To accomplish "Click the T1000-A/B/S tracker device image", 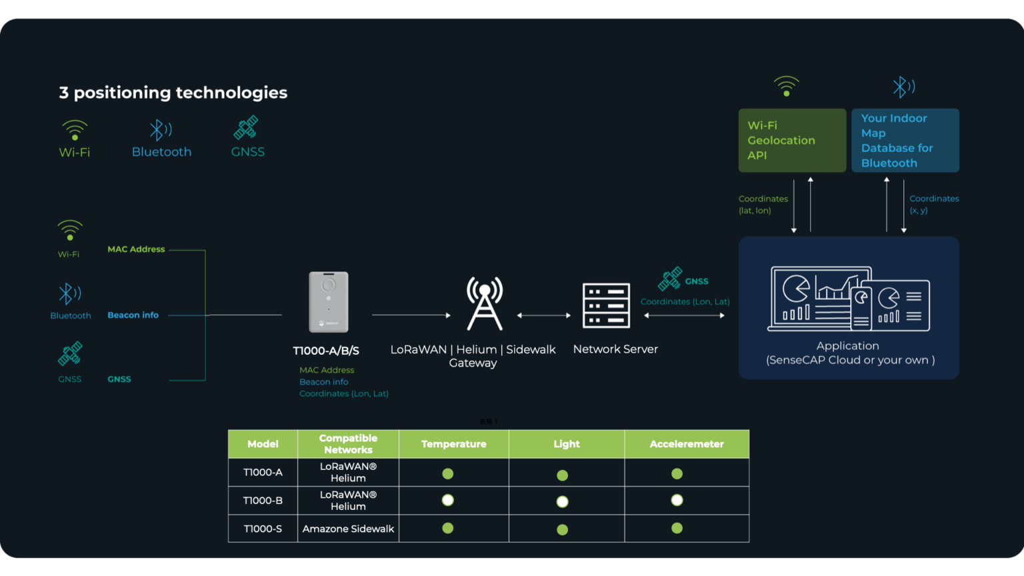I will click(329, 301).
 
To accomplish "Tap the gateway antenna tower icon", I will click(485, 304).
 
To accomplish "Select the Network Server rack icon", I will click(606, 305).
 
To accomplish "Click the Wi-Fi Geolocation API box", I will click(792, 140).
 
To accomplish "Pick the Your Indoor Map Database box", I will click(905, 140).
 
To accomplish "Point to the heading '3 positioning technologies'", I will click(173, 93).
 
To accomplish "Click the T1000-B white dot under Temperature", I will click(448, 500).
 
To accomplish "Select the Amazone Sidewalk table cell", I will click(348, 529).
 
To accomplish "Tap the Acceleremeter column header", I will click(687, 444).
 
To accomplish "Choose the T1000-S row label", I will click(263, 529).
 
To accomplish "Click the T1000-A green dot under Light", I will click(563, 475).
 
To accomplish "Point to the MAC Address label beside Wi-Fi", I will click(136, 249).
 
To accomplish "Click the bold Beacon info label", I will click(133, 315).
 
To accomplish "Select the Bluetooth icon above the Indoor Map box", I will click(903, 87).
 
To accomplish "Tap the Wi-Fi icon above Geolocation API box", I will click(787, 86).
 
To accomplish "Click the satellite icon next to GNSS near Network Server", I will click(670, 279).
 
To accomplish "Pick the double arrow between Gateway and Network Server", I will click(543, 315).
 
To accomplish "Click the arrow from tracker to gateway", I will click(411, 315).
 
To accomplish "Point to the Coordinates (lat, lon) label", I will click(763, 205).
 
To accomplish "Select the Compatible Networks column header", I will click(348, 444).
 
